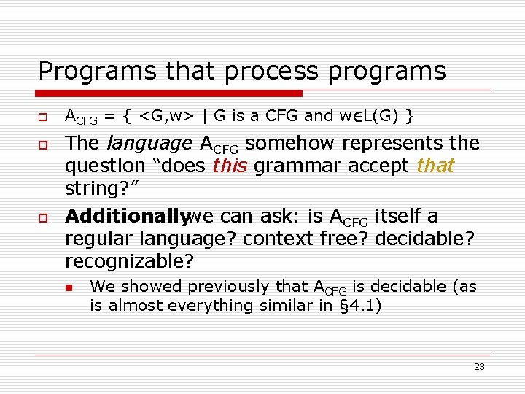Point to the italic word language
pyautogui.click(x=150, y=143)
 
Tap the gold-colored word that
pyautogui.click(x=435, y=166)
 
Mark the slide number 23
pyautogui.click(x=479, y=367)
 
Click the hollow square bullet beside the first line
pyautogui.click(x=43, y=117)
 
